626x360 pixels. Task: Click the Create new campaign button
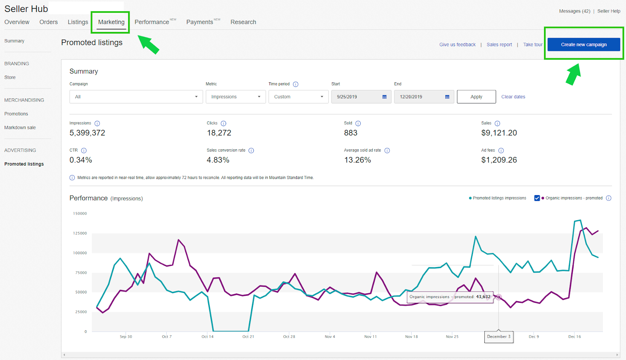pos(583,45)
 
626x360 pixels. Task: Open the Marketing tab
pos(111,22)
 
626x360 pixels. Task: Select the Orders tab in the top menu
pos(49,22)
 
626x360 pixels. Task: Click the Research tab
pos(243,22)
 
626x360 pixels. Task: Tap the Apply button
pos(476,97)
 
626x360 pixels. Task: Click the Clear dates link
pos(513,97)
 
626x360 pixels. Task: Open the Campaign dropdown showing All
pos(136,97)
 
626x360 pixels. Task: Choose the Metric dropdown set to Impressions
pos(236,97)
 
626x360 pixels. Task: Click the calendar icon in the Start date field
pos(384,97)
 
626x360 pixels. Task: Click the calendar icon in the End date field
pos(447,97)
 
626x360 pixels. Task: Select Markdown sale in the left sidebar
pos(20,128)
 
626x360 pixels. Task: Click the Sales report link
pos(499,45)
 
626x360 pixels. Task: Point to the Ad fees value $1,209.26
pos(499,160)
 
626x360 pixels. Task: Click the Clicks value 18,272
pos(219,133)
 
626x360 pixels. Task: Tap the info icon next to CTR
pos(84,150)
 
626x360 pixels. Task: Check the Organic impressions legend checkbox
pos(537,198)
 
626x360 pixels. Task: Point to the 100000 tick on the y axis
pos(80,253)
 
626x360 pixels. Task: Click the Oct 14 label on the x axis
pos(207,336)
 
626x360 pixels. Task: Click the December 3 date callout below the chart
pos(498,336)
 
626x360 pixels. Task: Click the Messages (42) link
pos(574,11)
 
